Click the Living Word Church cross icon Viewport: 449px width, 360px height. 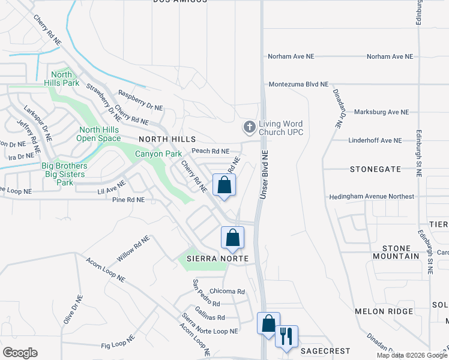point(250,127)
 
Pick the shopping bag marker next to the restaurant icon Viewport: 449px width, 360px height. point(268,323)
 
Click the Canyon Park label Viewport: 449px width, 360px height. point(158,154)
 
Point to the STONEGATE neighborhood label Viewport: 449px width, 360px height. point(375,170)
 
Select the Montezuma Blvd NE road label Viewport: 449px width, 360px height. point(299,85)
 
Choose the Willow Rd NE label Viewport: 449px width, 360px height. point(133,248)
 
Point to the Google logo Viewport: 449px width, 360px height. point(20,353)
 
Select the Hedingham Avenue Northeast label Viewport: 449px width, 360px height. point(371,197)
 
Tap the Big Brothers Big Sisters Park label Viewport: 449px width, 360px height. point(64,174)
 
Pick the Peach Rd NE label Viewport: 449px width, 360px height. point(210,151)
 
